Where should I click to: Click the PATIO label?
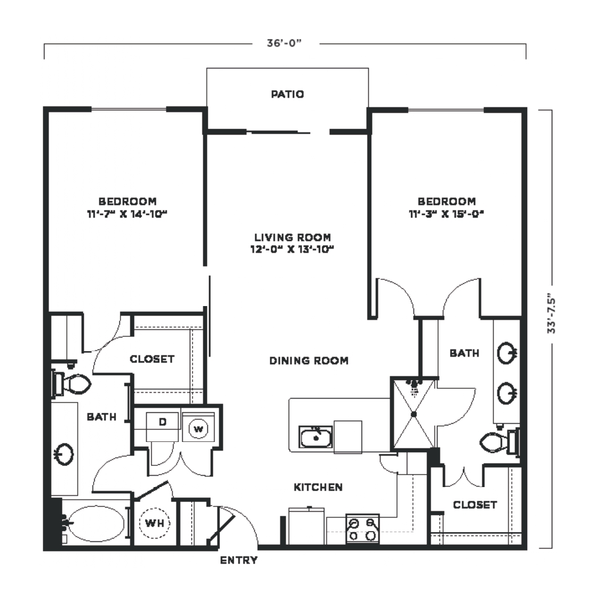pos(287,94)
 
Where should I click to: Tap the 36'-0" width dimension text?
pos(284,43)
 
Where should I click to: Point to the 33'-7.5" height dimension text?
pos(551,313)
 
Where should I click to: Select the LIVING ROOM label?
pos(292,237)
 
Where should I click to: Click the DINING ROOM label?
pos(309,361)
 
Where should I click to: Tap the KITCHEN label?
pos(318,488)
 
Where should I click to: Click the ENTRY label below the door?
pos(239,560)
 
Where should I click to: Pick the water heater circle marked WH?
pos(154,522)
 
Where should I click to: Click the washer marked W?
pos(198,428)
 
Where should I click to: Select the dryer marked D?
pos(162,427)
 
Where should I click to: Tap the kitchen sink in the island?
pos(316,437)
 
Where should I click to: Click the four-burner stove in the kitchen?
pos(363,529)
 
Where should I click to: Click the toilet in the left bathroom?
pos(71,384)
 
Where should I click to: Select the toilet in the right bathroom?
pos(500,442)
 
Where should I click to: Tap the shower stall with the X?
pos(414,413)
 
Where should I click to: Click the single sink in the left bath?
pos(64,453)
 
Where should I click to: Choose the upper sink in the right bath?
pos(507,353)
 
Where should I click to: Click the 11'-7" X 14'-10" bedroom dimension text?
pos(127,214)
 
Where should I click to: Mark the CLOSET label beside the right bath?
pos(475,505)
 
